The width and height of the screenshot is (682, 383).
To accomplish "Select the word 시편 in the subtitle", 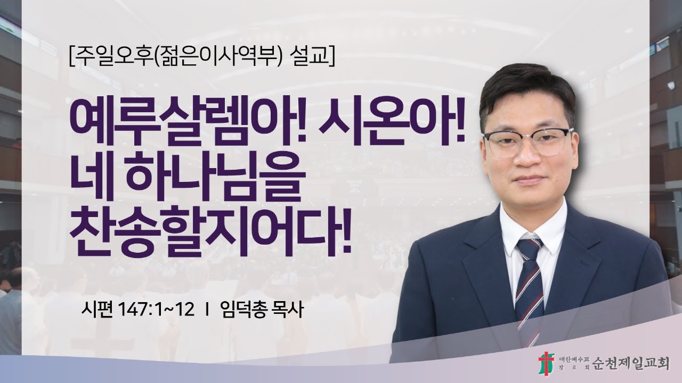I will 95,310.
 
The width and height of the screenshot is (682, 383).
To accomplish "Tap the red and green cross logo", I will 546,363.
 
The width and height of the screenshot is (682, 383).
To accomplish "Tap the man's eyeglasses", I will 527,141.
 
